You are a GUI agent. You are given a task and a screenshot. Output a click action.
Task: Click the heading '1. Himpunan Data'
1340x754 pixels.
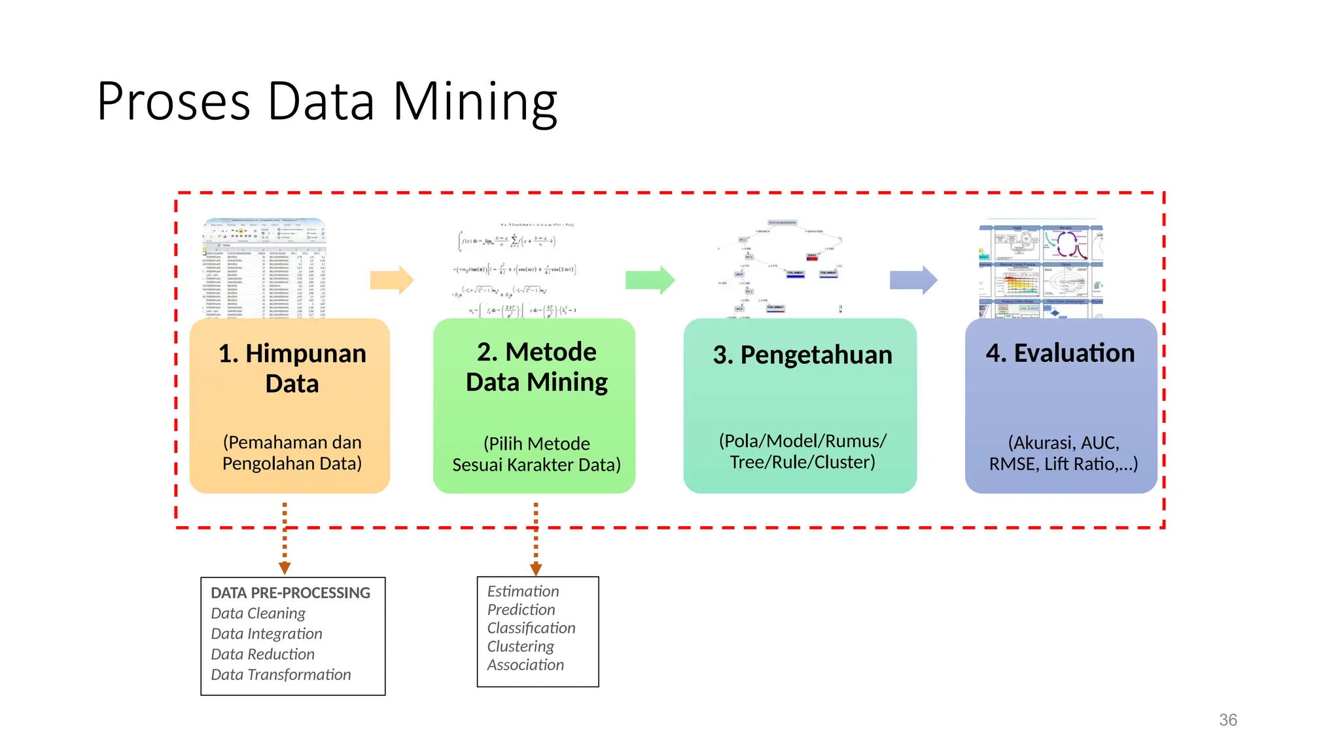[292, 368]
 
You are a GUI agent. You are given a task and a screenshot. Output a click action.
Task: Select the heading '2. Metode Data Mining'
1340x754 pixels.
[537, 367]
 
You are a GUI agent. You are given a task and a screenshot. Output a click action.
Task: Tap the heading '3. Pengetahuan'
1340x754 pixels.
[802, 355]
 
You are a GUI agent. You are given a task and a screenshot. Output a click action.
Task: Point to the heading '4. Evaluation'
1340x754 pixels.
[1060, 353]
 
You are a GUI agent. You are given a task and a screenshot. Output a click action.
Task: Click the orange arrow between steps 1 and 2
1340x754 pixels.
[391, 280]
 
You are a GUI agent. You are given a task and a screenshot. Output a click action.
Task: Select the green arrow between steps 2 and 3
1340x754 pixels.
[649, 280]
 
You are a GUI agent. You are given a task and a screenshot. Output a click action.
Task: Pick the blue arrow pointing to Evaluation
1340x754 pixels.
[913, 280]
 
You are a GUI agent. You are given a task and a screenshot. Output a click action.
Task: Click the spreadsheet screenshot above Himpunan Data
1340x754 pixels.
[265, 268]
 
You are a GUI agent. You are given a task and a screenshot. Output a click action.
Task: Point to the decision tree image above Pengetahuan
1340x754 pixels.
[779, 268]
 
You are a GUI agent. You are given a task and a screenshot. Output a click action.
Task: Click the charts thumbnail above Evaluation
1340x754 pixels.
[1040, 270]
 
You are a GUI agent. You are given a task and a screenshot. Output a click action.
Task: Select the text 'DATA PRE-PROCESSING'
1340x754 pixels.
[291, 593]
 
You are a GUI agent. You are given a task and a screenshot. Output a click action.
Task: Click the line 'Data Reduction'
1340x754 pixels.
[262, 654]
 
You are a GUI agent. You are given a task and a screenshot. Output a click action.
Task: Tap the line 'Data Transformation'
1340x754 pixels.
[281, 674]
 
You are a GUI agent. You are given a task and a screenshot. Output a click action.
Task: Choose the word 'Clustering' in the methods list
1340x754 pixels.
[520, 646]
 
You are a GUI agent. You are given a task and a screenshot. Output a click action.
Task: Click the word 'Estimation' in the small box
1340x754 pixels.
[523, 591]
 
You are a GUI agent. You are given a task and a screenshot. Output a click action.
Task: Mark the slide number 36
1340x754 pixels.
[1227, 720]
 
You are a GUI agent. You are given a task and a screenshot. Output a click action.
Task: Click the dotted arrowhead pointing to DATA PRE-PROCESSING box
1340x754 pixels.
[285, 567]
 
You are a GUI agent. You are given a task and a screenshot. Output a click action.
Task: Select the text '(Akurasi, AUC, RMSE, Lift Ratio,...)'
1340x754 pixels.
[1063, 453]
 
